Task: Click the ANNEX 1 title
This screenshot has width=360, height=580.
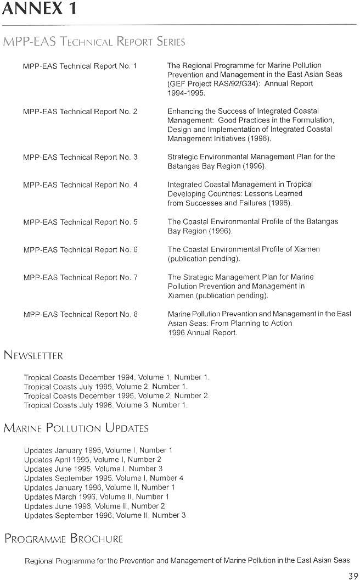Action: coord(39,9)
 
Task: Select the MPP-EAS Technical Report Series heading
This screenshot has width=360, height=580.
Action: coord(94,42)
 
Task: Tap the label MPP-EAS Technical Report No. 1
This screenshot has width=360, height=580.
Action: coord(80,66)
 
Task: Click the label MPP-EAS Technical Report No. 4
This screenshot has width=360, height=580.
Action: coord(80,185)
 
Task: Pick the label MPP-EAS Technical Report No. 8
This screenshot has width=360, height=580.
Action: coord(80,314)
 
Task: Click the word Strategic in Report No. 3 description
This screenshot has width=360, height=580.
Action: coord(183,157)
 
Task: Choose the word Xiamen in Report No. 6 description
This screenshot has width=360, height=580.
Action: coord(307,249)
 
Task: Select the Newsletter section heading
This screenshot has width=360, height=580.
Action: coord(33,355)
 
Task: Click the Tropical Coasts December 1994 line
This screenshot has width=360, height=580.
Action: coord(116,377)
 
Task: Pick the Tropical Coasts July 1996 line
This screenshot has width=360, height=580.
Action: coord(105,405)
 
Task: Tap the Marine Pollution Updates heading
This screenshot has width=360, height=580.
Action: coord(76,428)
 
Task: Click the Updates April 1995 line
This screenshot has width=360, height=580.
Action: coord(93,459)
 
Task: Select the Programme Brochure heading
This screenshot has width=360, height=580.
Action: coord(64,538)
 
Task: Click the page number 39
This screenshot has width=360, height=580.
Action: coord(353,575)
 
